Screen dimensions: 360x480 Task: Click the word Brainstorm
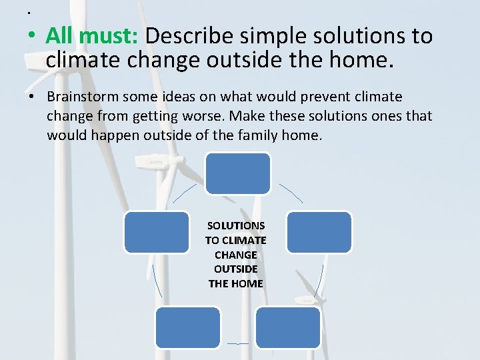[x=84, y=97]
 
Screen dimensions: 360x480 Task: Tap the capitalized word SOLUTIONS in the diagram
[x=235, y=225]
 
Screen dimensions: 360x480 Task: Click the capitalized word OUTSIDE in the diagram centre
[x=235, y=269]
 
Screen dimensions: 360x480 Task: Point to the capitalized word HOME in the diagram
[x=247, y=283]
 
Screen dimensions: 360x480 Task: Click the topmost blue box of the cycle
[x=237, y=173]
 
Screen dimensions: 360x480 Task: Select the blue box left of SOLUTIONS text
[x=157, y=232]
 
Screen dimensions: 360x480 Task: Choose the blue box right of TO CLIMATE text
[x=319, y=232]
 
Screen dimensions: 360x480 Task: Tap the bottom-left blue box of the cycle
[x=187, y=327]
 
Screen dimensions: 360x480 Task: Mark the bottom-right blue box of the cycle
[x=288, y=327]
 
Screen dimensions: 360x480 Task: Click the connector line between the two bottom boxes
[x=238, y=343]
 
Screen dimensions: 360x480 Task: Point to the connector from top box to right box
[x=291, y=192]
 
